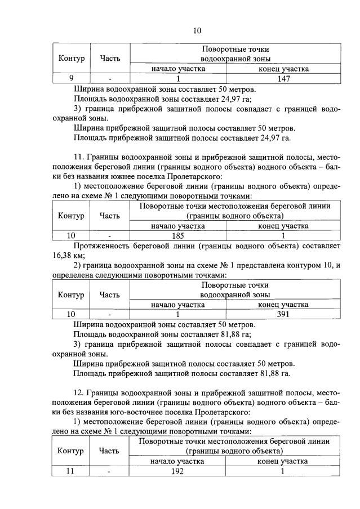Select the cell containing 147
[x=283, y=79]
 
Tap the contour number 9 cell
[x=71, y=79]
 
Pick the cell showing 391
[x=283, y=315]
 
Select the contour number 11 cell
[x=71, y=472]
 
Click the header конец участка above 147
[x=283, y=69]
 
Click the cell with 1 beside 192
[x=283, y=472]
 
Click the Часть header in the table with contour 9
[x=110, y=58]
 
